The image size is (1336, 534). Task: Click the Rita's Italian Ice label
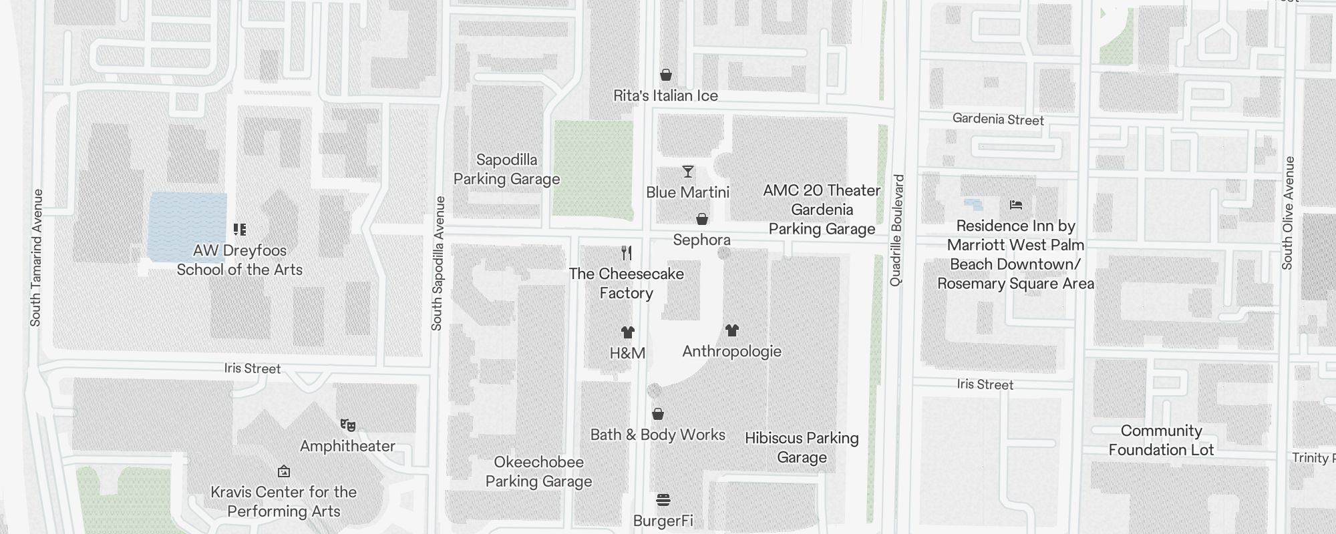tap(665, 95)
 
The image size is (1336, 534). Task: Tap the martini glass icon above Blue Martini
tap(688, 172)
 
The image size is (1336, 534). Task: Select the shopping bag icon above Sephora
tap(702, 219)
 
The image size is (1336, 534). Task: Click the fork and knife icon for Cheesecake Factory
tap(627, 253)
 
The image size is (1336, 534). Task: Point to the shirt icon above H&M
tap(627, 332)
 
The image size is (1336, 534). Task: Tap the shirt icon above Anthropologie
tap(732, 330)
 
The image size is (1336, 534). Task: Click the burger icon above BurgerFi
tap(663, 500)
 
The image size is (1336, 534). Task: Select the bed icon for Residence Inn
tap(1016, 204)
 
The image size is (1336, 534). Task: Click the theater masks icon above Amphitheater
tap(347, 425)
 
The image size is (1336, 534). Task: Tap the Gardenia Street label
tap(998, 119)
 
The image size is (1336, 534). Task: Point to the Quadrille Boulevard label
tap(896, 230)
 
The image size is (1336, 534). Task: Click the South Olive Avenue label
tap(1288, 213)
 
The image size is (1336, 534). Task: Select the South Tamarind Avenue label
tap(36, 258)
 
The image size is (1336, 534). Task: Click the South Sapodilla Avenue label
tap(438, 263)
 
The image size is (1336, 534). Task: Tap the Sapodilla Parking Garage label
tap(506, 170)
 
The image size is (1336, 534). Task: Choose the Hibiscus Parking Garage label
tap(802, 447)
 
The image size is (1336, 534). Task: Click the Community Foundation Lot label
tap(1161, 440)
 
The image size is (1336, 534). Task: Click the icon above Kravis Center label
tap(284, 471)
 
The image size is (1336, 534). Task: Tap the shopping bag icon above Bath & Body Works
tap(658, 414)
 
